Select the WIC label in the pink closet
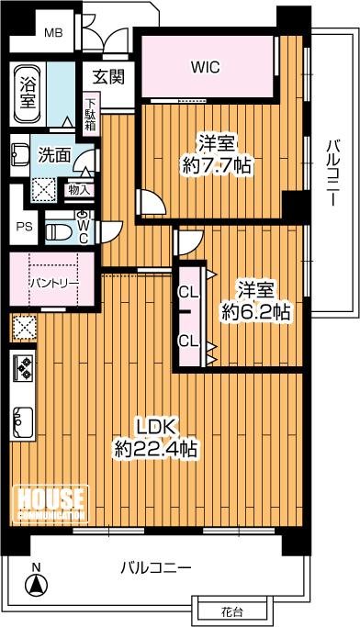205,66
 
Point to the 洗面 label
54,155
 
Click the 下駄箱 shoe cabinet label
90,115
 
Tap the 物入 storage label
80,190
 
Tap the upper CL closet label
189,293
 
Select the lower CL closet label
189,341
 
